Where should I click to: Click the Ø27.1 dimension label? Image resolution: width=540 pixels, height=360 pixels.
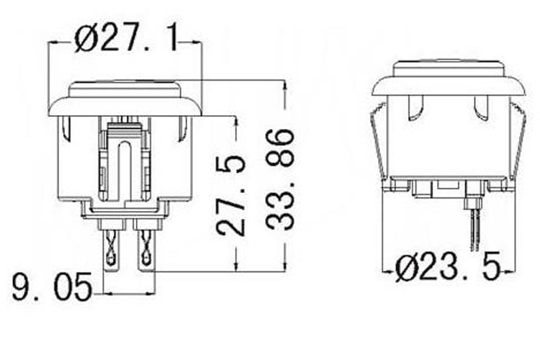pyautogui.click(x=126, y=40)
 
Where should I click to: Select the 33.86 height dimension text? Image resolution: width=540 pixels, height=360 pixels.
pyautogui.click(x=280, y=179)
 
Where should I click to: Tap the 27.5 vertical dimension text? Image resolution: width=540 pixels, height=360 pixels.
pyautogui.click(x=231, y=194)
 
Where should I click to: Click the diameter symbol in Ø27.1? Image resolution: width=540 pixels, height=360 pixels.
pyautogui.click(x=86, y=40)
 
